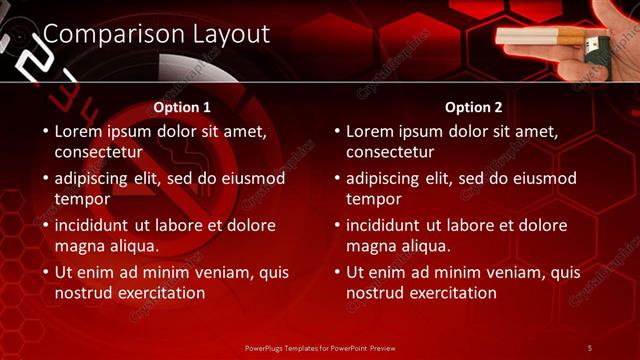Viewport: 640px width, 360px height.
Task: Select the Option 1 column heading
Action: point(182,107)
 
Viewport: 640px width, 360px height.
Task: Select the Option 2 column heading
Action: point(474,107)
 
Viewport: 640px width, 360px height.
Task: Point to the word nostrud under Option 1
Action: point(84,293)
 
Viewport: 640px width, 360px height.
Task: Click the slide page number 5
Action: point(589,347)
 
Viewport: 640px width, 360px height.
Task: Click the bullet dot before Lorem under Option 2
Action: point(337,131)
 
